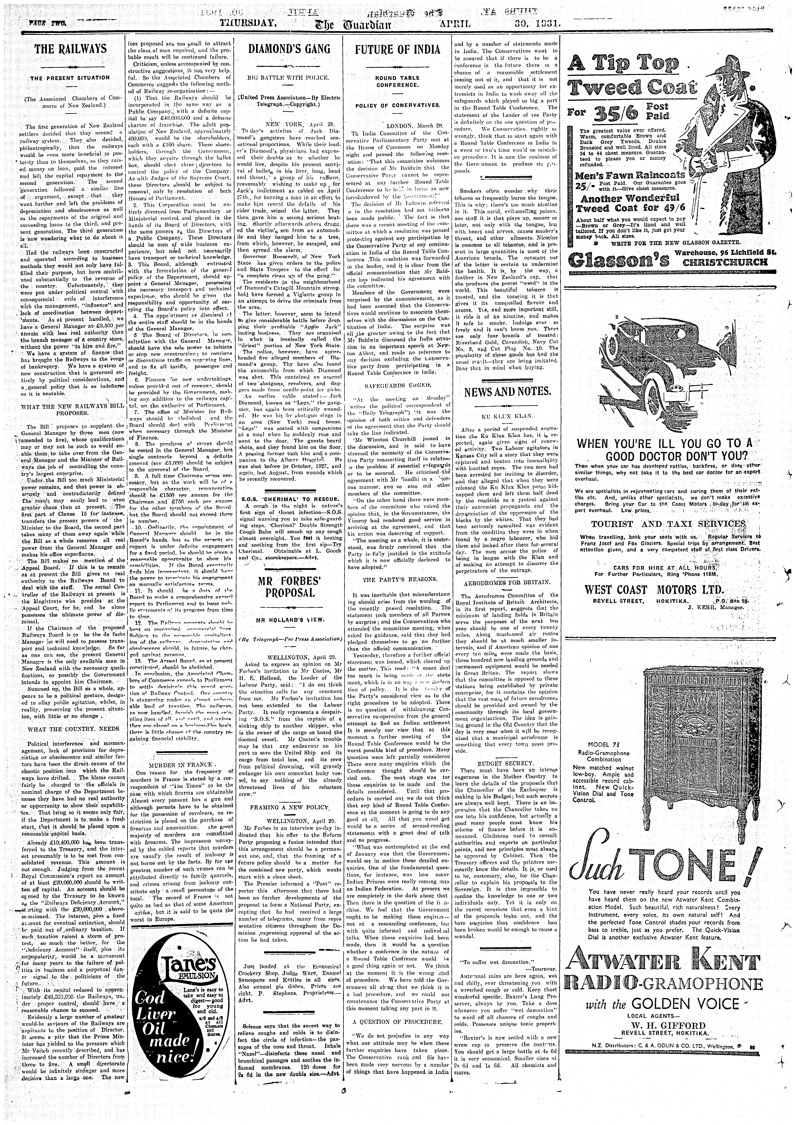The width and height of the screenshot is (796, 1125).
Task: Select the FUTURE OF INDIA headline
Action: point(398,49)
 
